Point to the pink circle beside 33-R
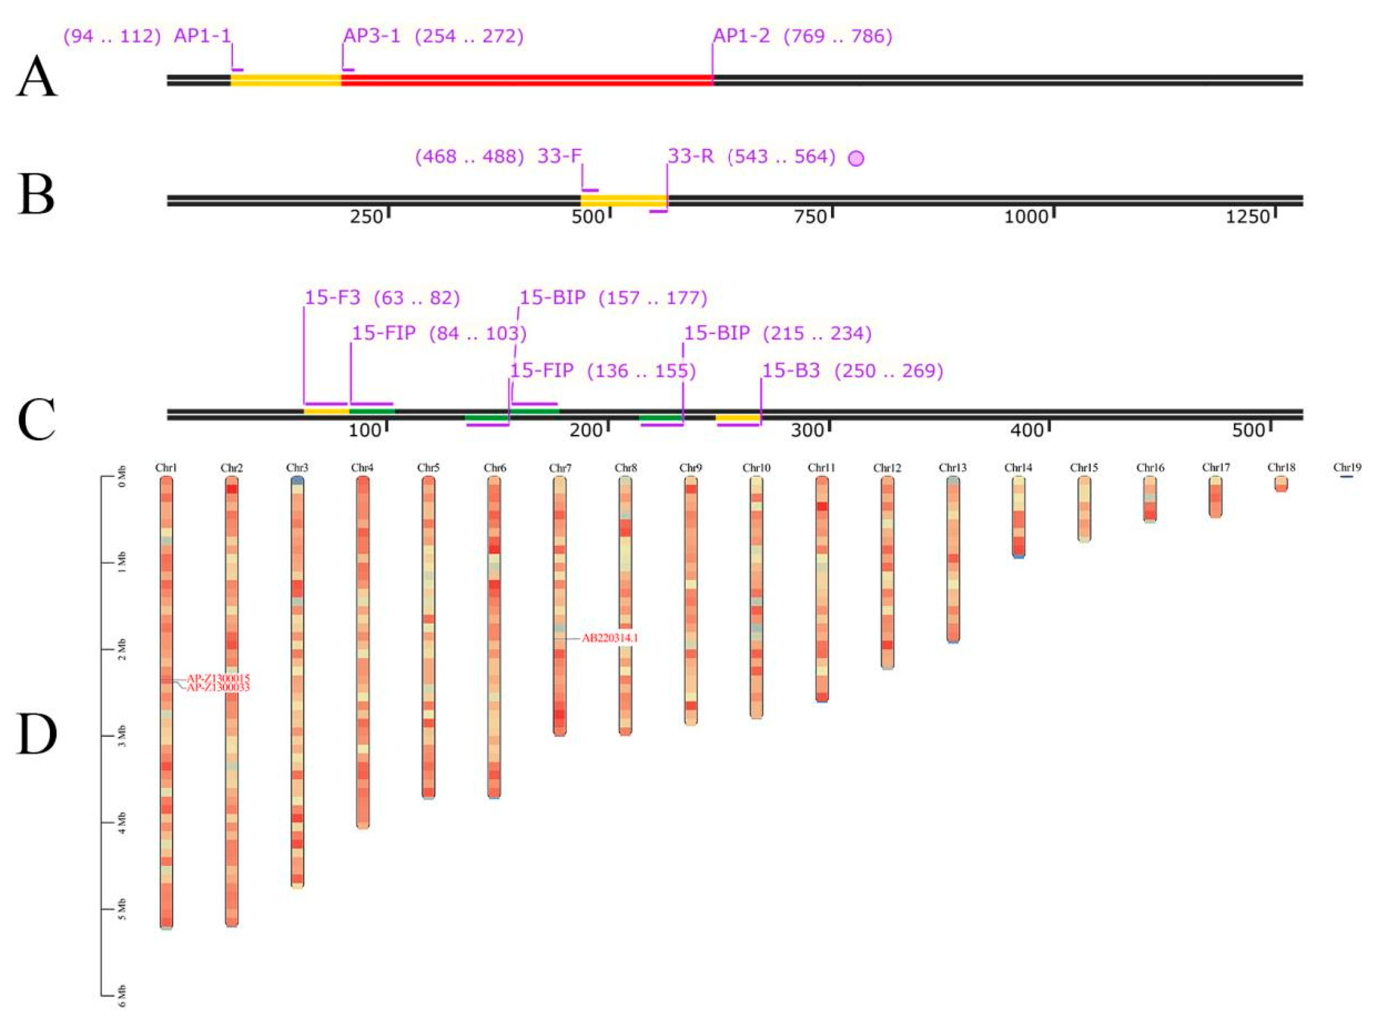tap(856, 158)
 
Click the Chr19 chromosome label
tap(1347, 468)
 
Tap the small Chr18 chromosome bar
tap(1281, 484)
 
